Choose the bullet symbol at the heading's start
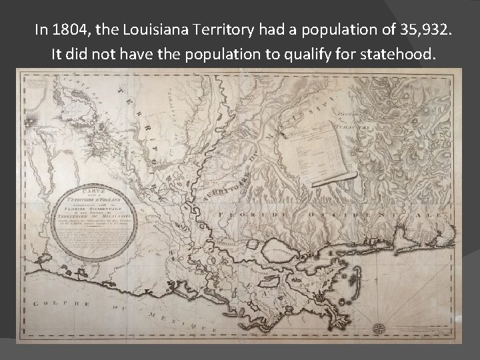(21, 30)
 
